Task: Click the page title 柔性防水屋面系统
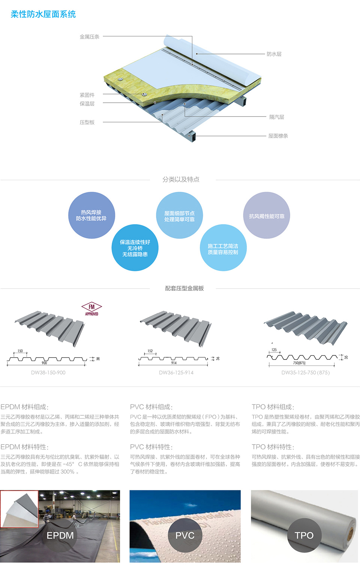tap(43, 14)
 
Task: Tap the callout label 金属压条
tap(90, 37)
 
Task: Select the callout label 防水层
tap(274, 54)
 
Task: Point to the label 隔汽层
tap(277, 117)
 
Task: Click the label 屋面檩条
tap(278, 136)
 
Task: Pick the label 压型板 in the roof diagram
tap(87, 122)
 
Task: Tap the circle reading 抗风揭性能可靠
tap(267, 216)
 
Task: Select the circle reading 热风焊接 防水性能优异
tap(91, 215)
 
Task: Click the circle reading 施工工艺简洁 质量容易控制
tap(223, 248)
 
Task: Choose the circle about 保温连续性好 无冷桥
tap(135, 248)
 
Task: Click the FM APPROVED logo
tap(91, 309)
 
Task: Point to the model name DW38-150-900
tap(48, 373)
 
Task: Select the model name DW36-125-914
tap(176, 373)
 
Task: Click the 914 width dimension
tap(174, 363)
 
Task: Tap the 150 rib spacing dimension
tap(20, 351)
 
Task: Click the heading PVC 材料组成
tap(151, 407)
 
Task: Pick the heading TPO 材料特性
tap(273, 447)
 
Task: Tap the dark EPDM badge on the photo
tap(60, 535)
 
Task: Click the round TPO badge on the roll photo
tap(304, 535)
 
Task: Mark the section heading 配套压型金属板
tap(184, 288)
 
